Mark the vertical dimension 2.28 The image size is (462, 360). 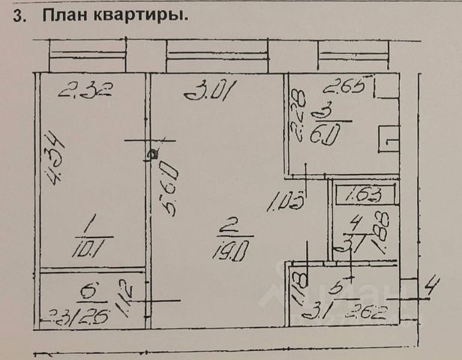pyautogui.click(x=298, y=115)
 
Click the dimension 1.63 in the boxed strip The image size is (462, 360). pyautogui.click(x=365, y=196)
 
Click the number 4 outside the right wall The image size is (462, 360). pyautogui.click(x=430, y=286)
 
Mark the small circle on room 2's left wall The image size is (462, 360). pyautogui.click(x=152, y=154)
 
